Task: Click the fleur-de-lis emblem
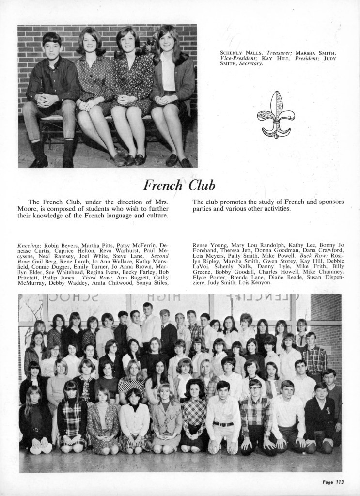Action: tap(275, 114)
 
